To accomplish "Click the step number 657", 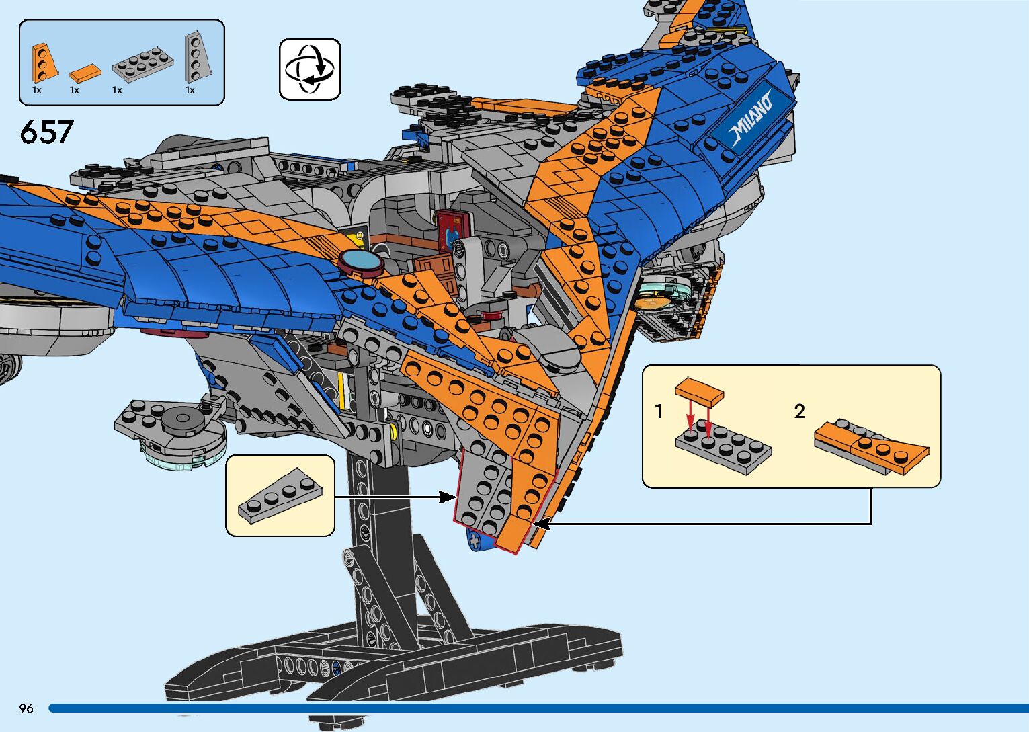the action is pyautogui.click(x=46, y=132).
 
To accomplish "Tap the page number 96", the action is pyautogui.click(x=26, y=708).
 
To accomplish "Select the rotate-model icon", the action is pyautogui.click(x=310, y=69).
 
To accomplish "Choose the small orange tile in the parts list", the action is pyautogui.click(x=85, y=71).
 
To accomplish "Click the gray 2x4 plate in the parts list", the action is pyautogui.click(x=142, y=65).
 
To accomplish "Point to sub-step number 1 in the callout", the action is pyautogui.click(x=659, y=411).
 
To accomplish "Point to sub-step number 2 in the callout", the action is pyautogui.click(x=799, y=411).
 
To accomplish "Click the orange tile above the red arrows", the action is pyautogui.click(x=699, y=391).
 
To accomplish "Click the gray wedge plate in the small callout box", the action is pyautogui.click(x=280, y=495).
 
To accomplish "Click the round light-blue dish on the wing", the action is pyautogui.click(x=361, y=261).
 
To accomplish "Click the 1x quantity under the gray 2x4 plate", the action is pyautogui.click(x=117, y=90).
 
